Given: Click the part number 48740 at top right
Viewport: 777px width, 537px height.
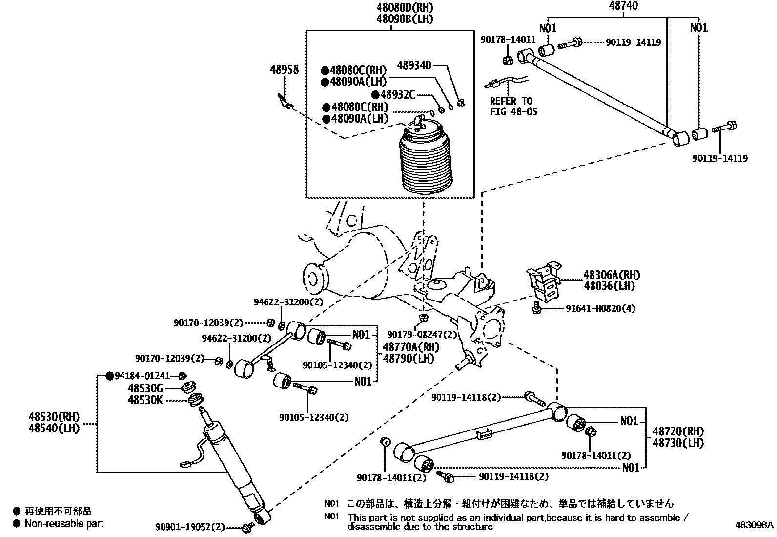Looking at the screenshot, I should click(624, 6).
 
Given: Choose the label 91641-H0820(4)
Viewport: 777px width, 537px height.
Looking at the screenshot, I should click(600, 309).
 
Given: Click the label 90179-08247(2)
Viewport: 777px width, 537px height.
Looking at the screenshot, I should click(422, 335).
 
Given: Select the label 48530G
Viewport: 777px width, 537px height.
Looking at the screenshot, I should click(145, 388).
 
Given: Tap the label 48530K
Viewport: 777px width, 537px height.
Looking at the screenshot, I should click(145, 401).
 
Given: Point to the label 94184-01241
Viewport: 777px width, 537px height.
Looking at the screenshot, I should click(142, 376).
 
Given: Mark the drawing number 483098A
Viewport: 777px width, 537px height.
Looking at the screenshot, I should click(755, 525).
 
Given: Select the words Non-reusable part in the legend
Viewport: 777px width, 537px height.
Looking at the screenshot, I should click(64, 524).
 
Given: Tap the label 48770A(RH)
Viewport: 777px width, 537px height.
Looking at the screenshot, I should click(410, 347).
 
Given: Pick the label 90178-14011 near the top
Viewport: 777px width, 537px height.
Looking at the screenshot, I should click(508, 39).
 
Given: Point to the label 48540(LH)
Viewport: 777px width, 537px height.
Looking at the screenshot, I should click(54, 428).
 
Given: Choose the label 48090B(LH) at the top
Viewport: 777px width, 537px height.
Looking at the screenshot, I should click(404, 19).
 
